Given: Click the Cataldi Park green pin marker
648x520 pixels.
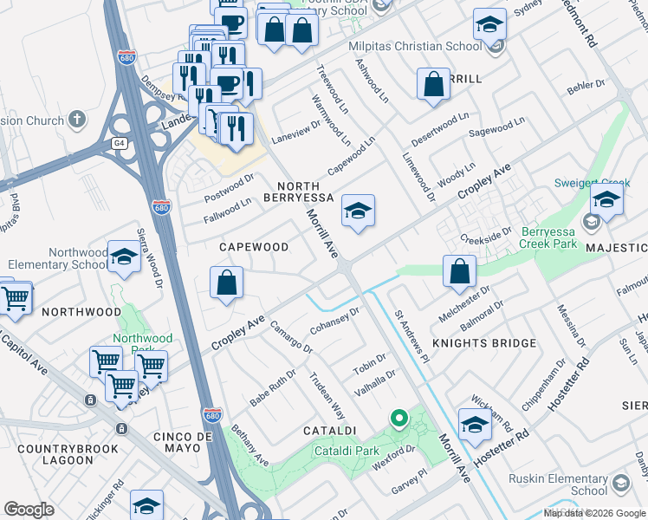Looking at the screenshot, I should [x=399, y=419].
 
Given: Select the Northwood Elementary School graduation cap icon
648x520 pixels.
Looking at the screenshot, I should [x=125, y=258].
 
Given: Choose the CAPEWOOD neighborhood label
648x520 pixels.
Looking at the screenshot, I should [x=254, y=247].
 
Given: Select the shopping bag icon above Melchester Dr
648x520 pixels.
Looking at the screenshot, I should [x=459, y=270].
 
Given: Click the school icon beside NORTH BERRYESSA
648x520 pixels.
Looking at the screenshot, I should [x=357, y=211].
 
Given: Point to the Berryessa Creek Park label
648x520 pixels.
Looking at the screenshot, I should [x=554, y=238].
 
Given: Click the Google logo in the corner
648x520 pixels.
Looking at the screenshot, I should [x=29, y=510].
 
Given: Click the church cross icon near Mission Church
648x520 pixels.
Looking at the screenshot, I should [x=77, y=119].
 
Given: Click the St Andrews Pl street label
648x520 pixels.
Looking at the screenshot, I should [x=411, y=335].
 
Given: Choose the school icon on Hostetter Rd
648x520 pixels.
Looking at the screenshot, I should [x=475, y=425].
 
